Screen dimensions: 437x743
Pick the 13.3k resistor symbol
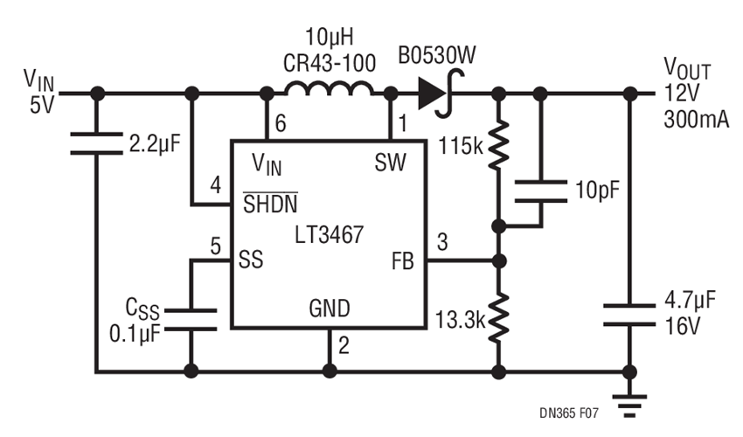tap(498, 318)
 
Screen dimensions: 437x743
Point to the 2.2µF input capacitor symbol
tap(96, 143)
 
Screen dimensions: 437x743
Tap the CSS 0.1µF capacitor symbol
tap(190, 319)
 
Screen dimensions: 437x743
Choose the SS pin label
tap(251, 260)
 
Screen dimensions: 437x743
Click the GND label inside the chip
tap(330, 308)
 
